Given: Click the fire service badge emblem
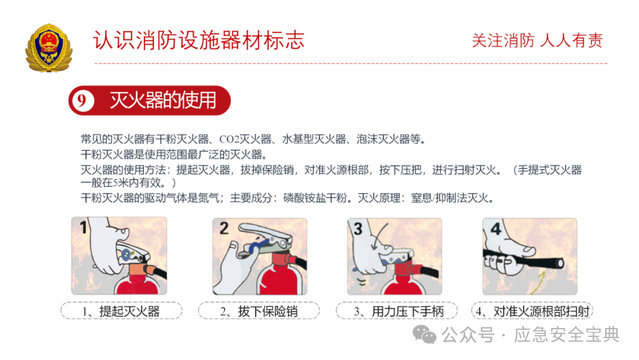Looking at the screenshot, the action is point(49,48).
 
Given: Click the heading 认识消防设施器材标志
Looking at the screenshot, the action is point(199,40).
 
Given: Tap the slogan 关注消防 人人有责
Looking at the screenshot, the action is point(537,41).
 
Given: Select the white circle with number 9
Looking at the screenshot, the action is point(82,100).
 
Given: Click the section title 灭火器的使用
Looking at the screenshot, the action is point(163,100).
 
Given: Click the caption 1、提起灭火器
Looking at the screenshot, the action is point(121,311).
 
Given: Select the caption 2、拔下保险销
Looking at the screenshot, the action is point(259,311).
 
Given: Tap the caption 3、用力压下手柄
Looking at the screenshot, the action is point(398,311).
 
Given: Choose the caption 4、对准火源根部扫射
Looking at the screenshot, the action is point(533,311).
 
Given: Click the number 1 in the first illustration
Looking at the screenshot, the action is point(84,227).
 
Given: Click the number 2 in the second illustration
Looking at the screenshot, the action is point(224,228).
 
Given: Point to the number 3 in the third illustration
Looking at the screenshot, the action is point(358,229).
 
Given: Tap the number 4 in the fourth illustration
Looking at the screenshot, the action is point(496,229).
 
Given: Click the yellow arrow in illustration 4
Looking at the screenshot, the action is point(539,284).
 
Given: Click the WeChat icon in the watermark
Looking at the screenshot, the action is point(424,335).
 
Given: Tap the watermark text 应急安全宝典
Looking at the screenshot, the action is point(567,335).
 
